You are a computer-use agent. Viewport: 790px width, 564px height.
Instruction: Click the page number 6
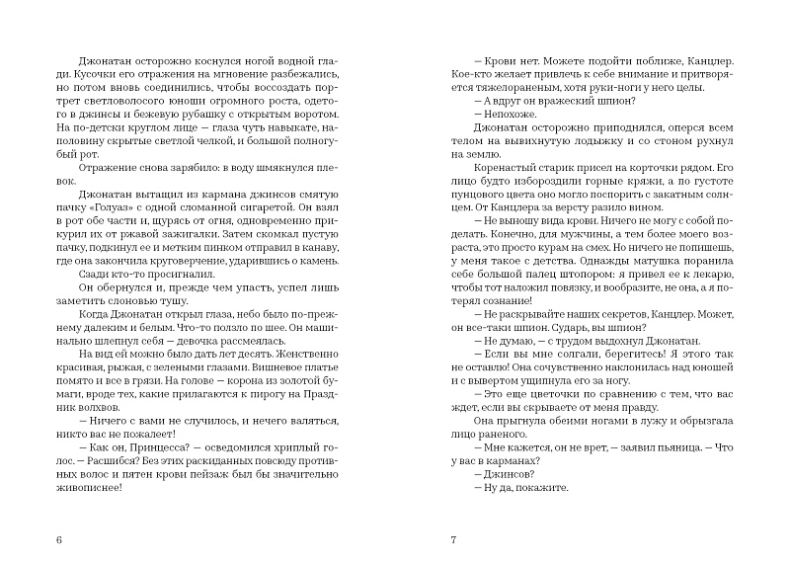point(61,540)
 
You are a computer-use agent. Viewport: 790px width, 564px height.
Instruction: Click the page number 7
point(452,540)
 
